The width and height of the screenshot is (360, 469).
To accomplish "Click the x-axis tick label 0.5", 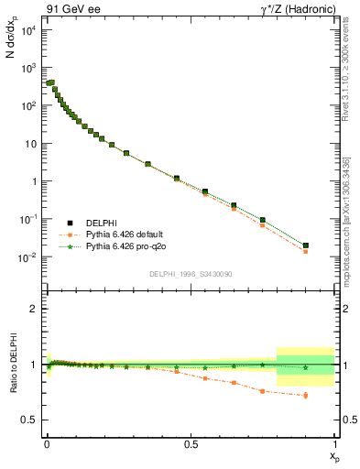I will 191,443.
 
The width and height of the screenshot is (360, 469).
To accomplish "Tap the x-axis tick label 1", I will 335,443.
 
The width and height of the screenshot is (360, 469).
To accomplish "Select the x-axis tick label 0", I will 47,443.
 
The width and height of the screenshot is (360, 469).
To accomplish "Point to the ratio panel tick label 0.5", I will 29,420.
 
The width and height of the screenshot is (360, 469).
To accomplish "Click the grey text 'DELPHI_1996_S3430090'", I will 190,273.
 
